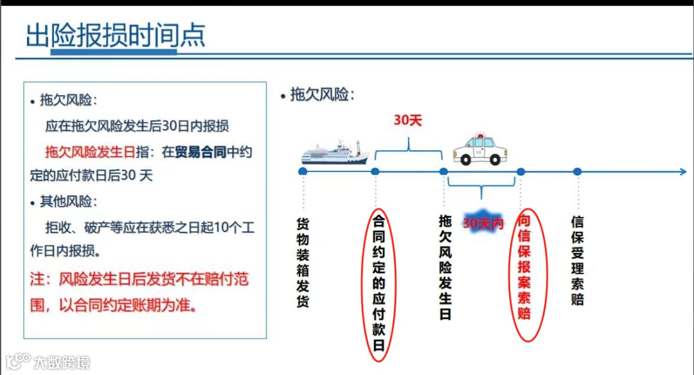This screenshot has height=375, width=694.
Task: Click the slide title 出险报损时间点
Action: click(x=116, y=36)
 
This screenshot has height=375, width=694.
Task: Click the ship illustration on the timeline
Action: click(x=335, y=152)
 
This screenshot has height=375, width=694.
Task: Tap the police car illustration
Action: click(x=479, y=150)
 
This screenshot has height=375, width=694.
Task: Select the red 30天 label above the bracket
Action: click(x=407, y=120)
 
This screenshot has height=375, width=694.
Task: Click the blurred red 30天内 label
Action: click(x=483, y=223)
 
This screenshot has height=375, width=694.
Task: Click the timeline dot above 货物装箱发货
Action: click(x=303, y=171)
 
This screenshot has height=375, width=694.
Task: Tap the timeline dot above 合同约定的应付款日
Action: click(x=375, y=171)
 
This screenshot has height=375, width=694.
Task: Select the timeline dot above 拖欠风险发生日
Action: click(x=443, y=171)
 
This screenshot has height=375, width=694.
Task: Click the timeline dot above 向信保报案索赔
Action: click(x=521, y=171)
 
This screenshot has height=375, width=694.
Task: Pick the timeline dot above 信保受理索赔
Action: click(x=577, y=171)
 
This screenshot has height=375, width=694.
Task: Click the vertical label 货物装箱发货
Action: click(x=303, y=263)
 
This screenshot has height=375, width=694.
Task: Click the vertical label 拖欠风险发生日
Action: click(x=445, y=267)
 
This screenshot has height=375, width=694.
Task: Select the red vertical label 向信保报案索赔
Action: click(x=525, y=266)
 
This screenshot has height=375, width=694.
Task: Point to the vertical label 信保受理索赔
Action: click(x=578, y=261)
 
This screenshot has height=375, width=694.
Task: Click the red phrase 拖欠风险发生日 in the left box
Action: click(x=90, y=152)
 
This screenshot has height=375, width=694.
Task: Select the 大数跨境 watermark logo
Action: click(x=48, y=362)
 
